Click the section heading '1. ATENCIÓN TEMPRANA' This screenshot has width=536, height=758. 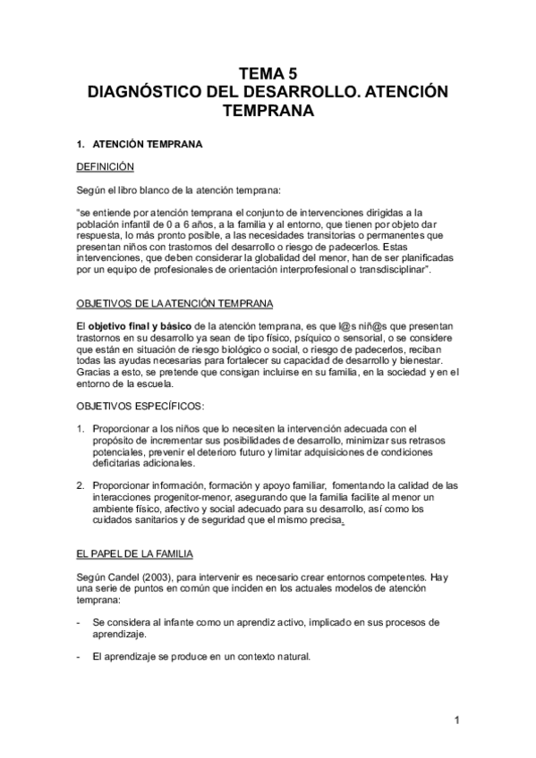(141, 143)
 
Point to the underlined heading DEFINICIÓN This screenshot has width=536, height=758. (105, 166)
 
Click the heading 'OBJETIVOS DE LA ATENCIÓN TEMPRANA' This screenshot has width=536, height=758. (175, 303)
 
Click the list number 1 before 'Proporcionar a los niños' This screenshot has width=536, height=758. (80, 429)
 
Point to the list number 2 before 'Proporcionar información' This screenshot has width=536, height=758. (80, 485)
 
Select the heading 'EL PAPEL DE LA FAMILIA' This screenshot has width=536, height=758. (134, 554)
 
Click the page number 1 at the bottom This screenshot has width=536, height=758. (455, 720)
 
